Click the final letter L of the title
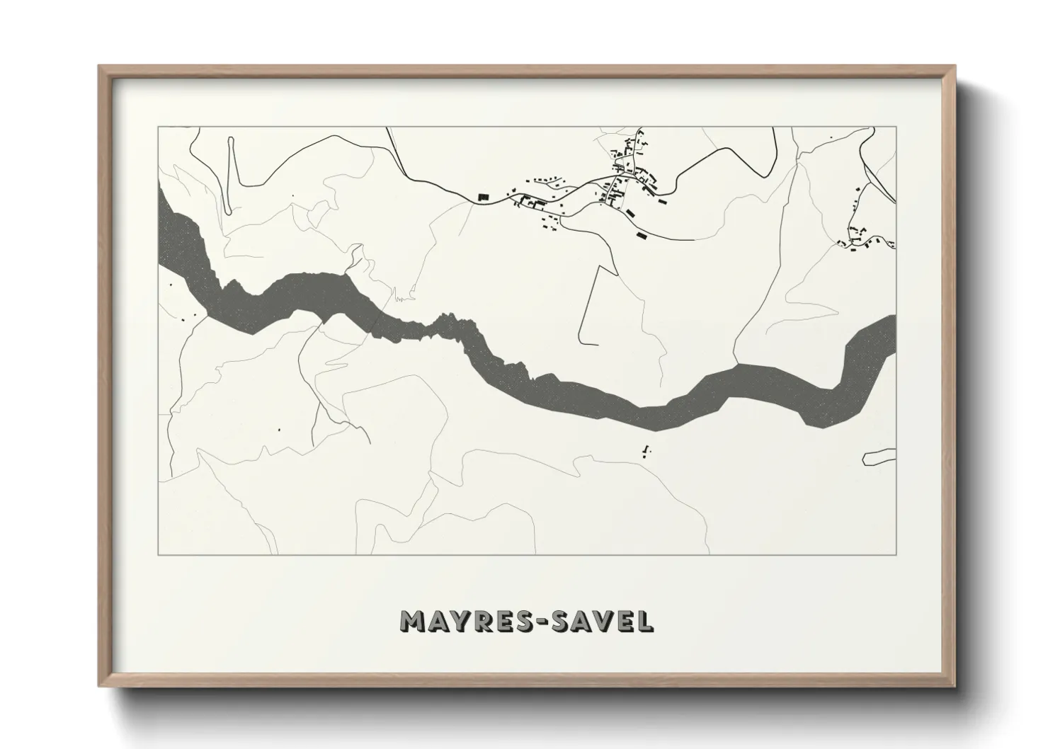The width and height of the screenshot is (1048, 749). click(x=645, y=622)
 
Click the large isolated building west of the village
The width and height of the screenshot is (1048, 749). click(x=484, y=196)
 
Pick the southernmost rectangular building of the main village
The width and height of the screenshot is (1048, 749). click(x=642, y=234)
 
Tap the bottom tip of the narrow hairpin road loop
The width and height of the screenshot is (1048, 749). click(x=229, y=211)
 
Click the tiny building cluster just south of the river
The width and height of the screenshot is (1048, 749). click(x=646, y=450)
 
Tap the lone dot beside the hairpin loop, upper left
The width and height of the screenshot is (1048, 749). click(x=292, y=195)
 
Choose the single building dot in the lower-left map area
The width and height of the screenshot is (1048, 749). click(x=279, y=429)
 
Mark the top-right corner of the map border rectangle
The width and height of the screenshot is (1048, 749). click(x=896, y=127)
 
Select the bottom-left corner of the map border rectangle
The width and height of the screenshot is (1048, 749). click(x=157, y=555)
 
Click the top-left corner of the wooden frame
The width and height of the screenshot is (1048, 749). click(x=98, y=66)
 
